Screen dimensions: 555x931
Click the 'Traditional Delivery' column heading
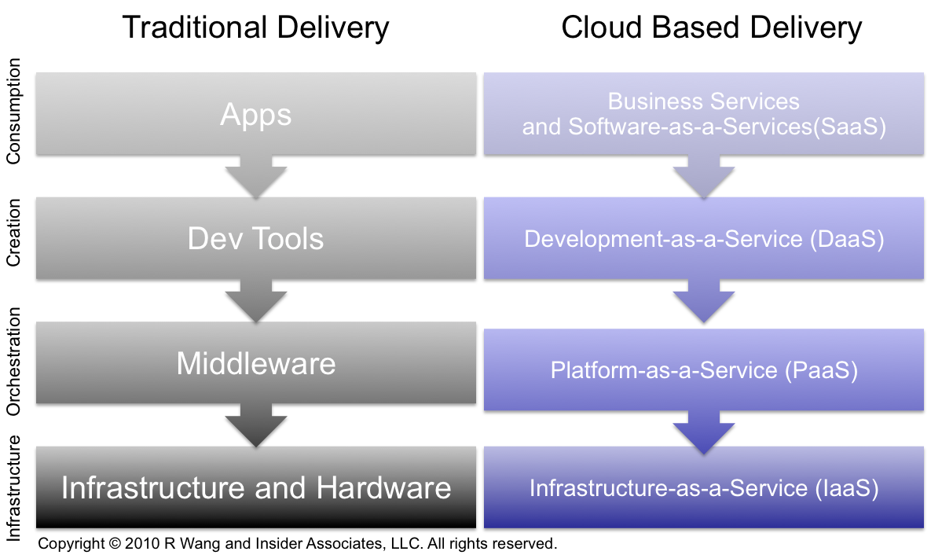click(255, 28)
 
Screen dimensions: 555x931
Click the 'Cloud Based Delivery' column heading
click(711, 28)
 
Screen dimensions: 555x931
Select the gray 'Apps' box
click(255, 114)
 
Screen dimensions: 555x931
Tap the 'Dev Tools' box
click(255, 238)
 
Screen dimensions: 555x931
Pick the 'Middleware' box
click(255, 363)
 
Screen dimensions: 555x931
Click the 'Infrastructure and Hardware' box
click(255, 487)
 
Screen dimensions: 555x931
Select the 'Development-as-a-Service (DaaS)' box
click(704, 239)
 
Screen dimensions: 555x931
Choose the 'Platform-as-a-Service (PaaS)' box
click(704, 370)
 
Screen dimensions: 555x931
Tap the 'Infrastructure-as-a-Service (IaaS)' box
click(704, 488)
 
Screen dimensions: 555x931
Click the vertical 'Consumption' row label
click(13, 111)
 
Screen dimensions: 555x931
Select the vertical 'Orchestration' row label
click(13, 361)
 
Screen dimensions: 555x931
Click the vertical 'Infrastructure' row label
click(13, 488)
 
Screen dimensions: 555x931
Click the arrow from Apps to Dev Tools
click(255, 176)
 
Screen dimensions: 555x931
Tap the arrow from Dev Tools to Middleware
click(255, 300)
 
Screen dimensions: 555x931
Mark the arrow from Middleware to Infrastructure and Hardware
click(255, 425)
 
